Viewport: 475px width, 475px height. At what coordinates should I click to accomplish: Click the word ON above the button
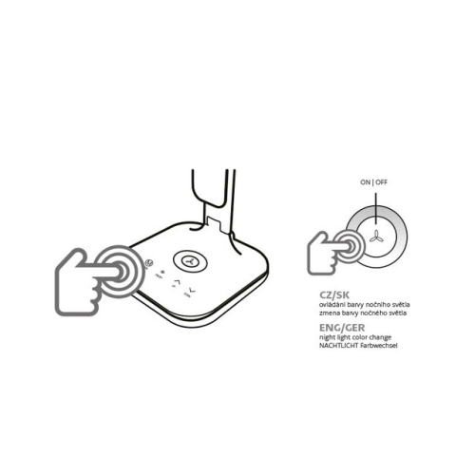coord(365,182)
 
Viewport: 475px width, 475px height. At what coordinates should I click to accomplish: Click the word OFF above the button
coord(382,182)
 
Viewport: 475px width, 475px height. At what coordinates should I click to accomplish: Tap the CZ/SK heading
coord(334,295)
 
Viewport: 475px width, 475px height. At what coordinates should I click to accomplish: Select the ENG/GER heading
coord(342,328)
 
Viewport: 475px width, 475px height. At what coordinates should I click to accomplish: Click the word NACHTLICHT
coord(338,346)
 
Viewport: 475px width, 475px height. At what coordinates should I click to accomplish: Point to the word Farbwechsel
coord(378,346)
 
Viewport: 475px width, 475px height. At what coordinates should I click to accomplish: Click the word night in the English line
coord(327,337)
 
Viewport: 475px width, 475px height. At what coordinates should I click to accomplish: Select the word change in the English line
coord(380,337)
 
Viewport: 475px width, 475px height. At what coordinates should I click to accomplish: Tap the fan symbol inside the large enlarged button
coord(376,237)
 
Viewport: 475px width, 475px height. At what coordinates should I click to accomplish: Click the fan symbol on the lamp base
coord(190,260)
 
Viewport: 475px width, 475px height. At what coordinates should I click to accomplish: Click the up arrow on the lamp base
coord(176,281)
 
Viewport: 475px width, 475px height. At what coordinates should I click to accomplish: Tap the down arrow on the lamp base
coord(191,291)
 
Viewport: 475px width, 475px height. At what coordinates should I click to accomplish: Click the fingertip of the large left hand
coord(121,272)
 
